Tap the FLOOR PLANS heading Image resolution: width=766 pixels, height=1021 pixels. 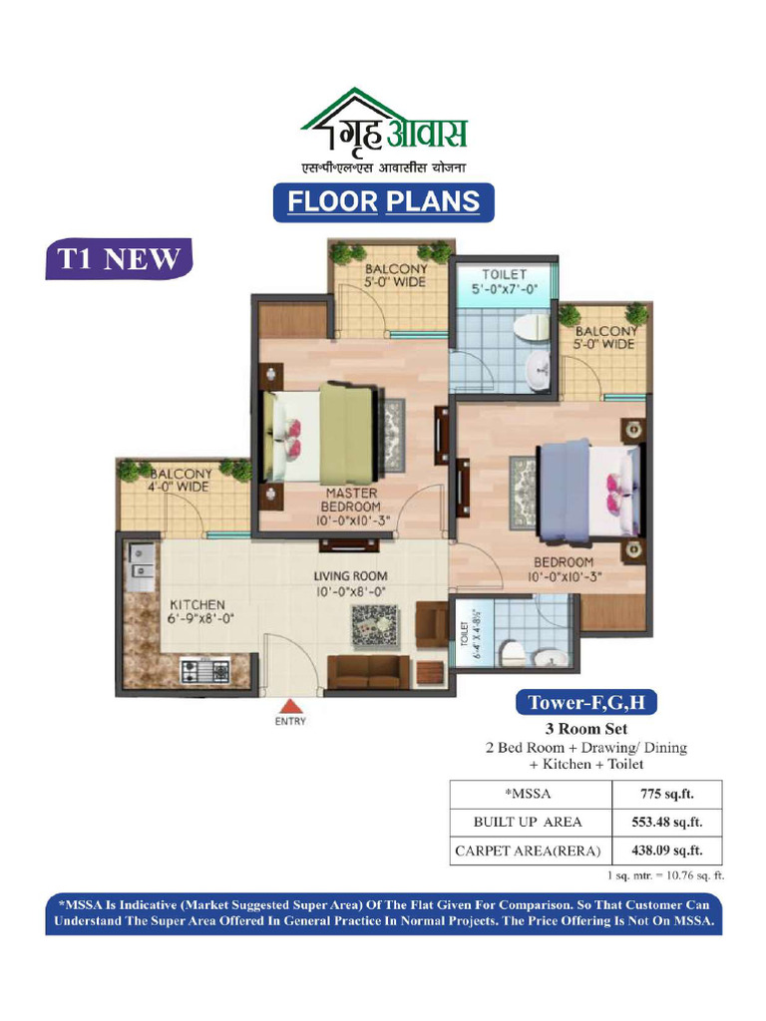(x=384, y=201)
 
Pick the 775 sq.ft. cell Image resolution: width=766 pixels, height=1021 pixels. (x=667, y=794)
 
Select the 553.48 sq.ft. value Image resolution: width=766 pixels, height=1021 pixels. (x=667, y=823)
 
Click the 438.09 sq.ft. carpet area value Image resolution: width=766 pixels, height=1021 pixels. (x=667, y=851)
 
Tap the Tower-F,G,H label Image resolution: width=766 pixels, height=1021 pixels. (x=586, y=703)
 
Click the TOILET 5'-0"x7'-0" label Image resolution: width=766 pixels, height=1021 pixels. (x=504, y=282)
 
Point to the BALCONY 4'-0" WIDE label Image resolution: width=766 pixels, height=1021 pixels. (x=180, y=480)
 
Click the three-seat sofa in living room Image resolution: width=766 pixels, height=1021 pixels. (x=367, y=672)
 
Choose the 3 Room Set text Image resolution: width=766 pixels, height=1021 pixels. (x=585, y=729)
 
